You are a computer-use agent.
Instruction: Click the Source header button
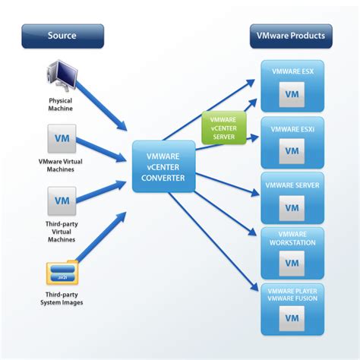62,35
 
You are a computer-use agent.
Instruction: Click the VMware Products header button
291,35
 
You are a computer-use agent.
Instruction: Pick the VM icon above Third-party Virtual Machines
62,201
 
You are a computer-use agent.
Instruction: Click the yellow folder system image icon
62,272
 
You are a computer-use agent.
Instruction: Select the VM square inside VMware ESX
292,94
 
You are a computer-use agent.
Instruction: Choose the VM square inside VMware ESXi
292,150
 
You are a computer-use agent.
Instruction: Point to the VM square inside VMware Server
292,206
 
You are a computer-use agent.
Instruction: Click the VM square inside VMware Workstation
292,263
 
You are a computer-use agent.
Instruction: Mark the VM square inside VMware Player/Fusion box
292,319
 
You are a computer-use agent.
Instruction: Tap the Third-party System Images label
62,298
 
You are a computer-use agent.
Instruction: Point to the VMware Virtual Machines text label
62,165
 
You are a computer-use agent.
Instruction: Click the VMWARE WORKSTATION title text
292,238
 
